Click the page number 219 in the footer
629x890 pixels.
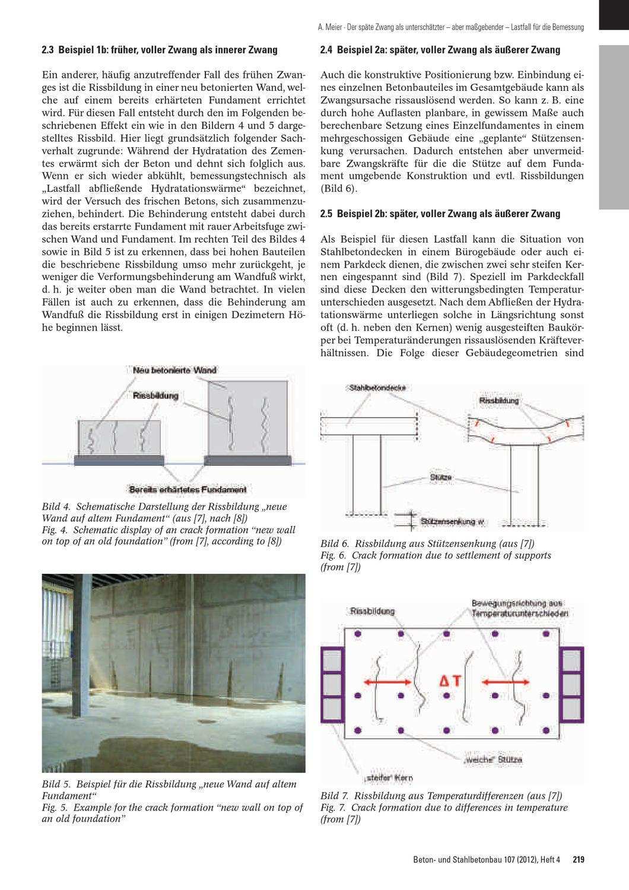point(579,859)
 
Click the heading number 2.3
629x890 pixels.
point(48,50)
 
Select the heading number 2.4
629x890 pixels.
point(326,50)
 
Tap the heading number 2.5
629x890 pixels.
point(326,214)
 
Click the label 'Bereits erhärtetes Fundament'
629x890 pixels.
point(188,490)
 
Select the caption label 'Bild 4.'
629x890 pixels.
point(56,507)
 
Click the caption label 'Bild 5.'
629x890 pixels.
point(56,784)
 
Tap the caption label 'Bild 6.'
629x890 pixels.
point(335,543)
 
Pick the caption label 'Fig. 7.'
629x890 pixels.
point(333,808)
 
